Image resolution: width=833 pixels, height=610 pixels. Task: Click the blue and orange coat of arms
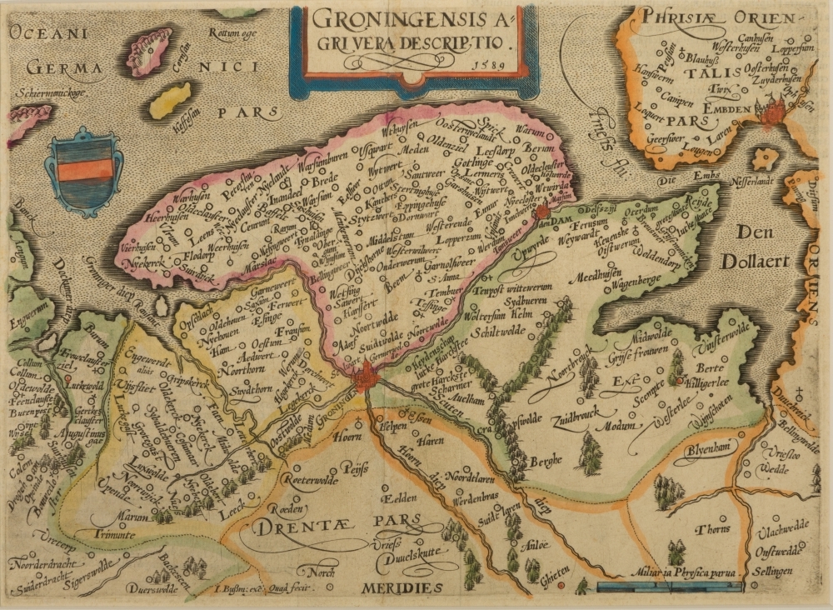82,170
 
